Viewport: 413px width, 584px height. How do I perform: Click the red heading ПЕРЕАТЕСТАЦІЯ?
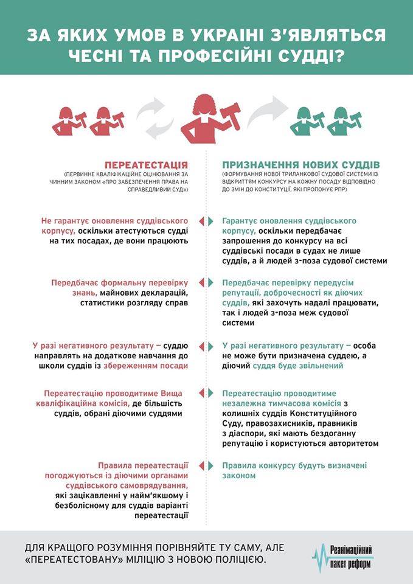point(146,165)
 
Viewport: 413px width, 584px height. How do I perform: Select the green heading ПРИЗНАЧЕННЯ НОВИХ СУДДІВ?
point(301,165)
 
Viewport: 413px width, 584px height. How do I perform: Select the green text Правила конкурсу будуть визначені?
point(294,465)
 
